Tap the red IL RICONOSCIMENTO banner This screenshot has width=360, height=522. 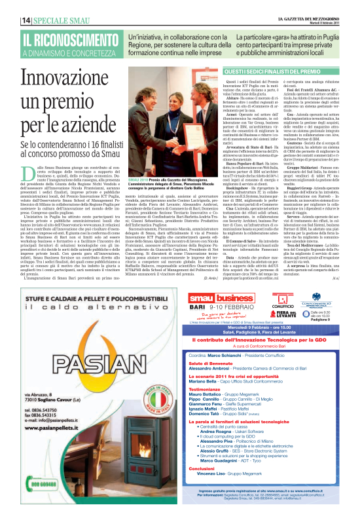click(63, 39)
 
